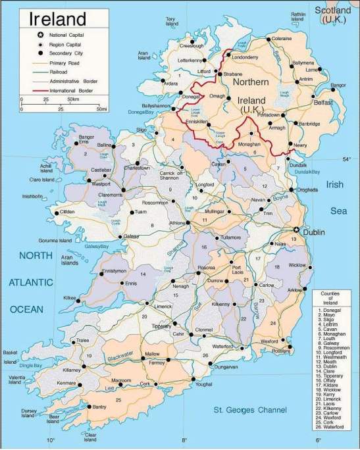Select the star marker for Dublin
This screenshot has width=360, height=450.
pos(297,230)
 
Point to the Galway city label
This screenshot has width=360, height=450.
pos(132,236)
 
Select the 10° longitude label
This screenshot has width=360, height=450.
pos(50,440)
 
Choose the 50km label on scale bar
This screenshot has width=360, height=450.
pos(72,99)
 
